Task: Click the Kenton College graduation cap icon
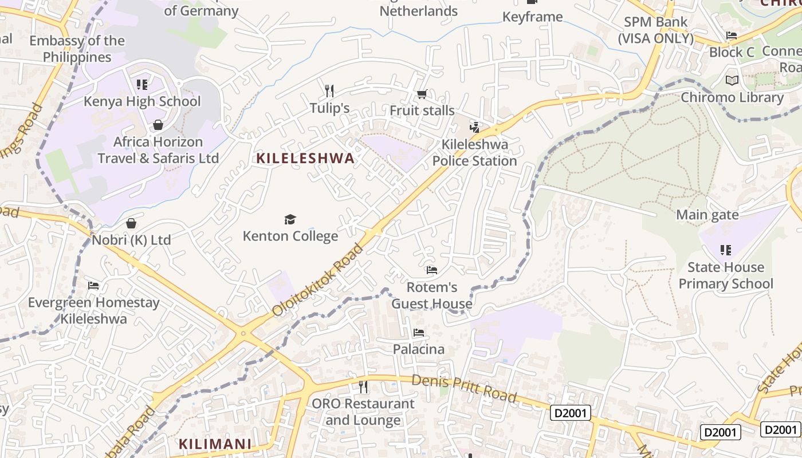[x=290, y=219]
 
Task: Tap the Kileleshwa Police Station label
[x=474, y=153]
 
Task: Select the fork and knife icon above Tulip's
[x=329, y=91]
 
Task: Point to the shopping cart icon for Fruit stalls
[x=422, y=94]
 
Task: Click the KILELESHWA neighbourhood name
[x=305, y=159]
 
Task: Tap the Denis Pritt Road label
[x=464, y=388]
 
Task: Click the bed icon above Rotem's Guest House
[x=432, y=270]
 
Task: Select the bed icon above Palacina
[x=419, y=333]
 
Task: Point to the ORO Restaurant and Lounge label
[x=363, y=412]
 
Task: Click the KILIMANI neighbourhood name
[x=215, y=444]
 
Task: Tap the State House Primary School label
[x=726, y=275]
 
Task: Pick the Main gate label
[x=707, y=215]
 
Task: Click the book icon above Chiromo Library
[x=732, y=80]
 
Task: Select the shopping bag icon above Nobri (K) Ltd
[x=131, y=223]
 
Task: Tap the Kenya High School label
[x=142, y=102]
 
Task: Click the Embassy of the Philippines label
[x=77, y=49]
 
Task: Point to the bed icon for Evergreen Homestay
[x=93, y=286]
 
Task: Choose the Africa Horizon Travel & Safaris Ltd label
[x=158, y=150]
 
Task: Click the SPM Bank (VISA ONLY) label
[x=655, y=30]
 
